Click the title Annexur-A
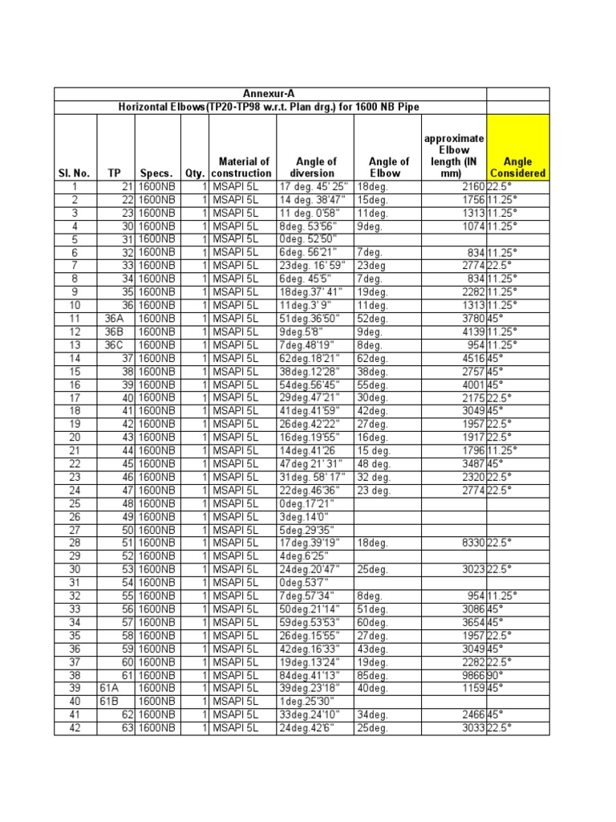[x=270, y=94]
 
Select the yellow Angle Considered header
[x=517, y=166]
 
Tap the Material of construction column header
[x=243, y=166]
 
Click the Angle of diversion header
[x=316, y=166]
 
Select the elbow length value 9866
[x=471, y=676]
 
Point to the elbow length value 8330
[x=471, y=543]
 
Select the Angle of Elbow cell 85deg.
[x=373, y=676]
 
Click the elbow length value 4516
[x=471, y=358]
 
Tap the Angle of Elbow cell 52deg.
[x=373, y=318]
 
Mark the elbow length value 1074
[x=471, y=226]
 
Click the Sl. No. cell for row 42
[x=74, y=728]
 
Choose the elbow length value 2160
[x=471, y=186]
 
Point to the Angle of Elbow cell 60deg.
[x=373, y=623]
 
